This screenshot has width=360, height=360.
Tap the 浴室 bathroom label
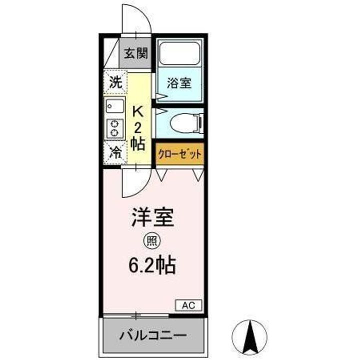pyautogui.click(x=179, y=82)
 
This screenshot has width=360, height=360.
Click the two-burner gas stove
pyautogui.click(x=114, y=128)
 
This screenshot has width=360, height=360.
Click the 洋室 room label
pyautogui.click(x=152, y=218)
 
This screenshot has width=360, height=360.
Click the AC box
pyautogui.click(x=188, y=305)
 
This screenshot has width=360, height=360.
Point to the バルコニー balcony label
pyautogui.click(x=152, y=334)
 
